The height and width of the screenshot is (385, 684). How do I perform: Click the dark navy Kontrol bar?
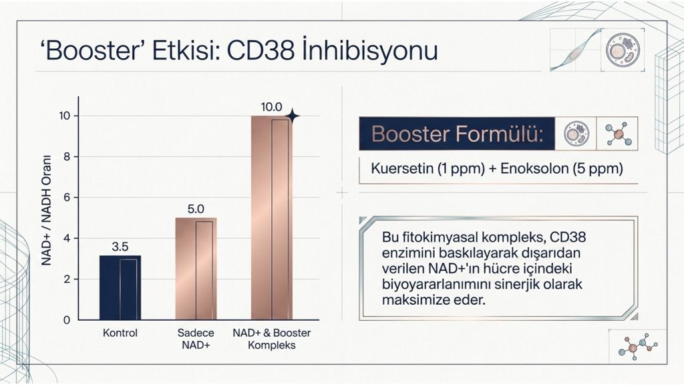point(120,287)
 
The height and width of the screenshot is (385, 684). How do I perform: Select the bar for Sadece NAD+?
point(196,269)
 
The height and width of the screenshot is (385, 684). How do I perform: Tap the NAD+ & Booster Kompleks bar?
point(272,218)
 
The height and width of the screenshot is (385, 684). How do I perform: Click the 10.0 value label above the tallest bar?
point(271,108)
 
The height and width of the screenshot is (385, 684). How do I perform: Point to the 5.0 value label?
point(196,209)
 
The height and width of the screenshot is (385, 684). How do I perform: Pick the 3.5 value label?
point(120,247)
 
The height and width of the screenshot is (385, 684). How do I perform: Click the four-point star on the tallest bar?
point(293,116)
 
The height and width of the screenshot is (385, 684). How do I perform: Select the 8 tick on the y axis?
point(67,156)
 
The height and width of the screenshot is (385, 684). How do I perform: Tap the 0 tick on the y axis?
point(67,320)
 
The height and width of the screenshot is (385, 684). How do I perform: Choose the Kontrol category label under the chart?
point(120,333)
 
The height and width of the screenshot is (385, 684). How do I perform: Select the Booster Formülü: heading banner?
point(457,134)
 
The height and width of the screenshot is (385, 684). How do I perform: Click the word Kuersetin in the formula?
point(401,168)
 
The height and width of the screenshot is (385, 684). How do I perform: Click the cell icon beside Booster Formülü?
point(576,134)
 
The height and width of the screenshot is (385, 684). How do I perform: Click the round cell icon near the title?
point(623,49)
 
